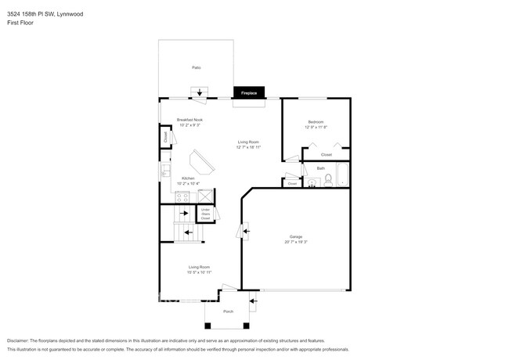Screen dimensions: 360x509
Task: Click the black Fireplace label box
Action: point(248,93)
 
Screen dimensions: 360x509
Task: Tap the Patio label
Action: point(196,68)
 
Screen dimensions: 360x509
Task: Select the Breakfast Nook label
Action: point(190,120)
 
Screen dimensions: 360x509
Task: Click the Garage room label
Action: point(296,236)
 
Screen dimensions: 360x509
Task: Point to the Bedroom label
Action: point(316,121)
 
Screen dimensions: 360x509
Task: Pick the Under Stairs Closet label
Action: point(205,213)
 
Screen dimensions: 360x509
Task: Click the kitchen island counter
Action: point(203,163)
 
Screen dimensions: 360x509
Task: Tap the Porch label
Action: point(229,311)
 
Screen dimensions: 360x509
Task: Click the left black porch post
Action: point(208,325)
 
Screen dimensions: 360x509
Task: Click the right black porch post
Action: point(248,325)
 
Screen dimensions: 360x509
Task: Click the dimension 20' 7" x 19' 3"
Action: point(296,242)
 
